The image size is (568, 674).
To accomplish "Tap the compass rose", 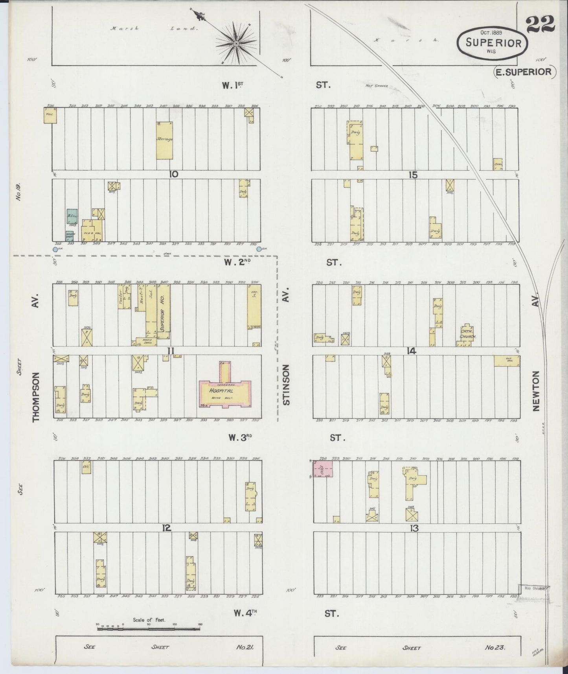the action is [236, 43].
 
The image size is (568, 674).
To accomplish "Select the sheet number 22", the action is [540, 24].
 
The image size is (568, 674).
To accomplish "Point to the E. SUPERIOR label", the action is [525, 72].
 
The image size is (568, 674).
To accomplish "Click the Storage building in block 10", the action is [164, 140].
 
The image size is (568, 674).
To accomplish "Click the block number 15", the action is [412, 175].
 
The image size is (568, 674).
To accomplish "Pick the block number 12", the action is [167, 528].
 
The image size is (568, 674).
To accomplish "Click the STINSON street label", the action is [286, 385].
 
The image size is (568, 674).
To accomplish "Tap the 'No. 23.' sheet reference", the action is [494, 648].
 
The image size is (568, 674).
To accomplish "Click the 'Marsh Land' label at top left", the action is [154, 28].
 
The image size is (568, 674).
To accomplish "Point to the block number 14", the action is [411, 351].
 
